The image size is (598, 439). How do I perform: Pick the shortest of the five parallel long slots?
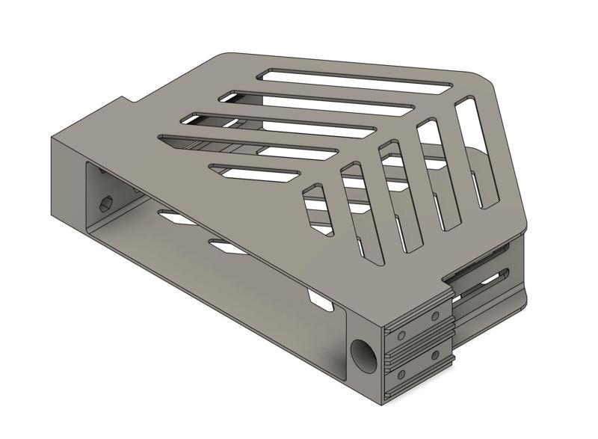[x=254, y=171]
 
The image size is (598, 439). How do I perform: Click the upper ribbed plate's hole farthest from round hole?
[x=435, y=315]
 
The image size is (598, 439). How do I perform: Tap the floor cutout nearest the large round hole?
[x=321, y=301]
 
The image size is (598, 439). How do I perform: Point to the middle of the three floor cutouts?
[x=224, y=245]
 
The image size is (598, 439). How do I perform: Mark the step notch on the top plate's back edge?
[x=127, y=99]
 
